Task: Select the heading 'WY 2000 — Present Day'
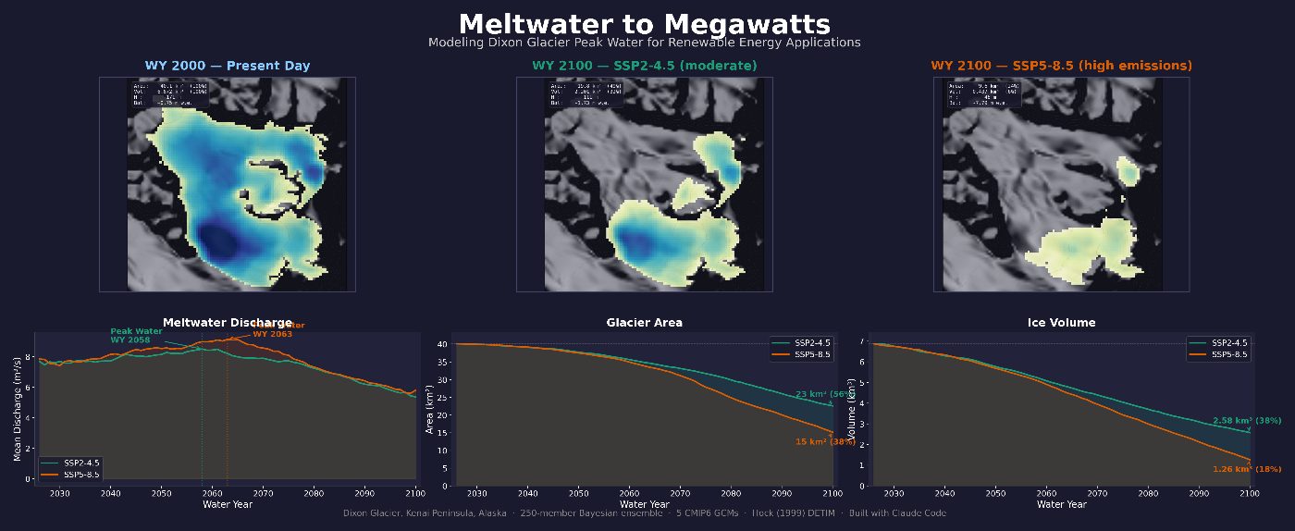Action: point(228,66)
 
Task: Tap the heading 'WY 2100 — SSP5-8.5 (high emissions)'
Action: point(1061,66)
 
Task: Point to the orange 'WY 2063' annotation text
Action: point(273,334)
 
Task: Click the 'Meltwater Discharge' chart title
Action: point(228,323)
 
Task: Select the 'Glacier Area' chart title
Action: point(644,323)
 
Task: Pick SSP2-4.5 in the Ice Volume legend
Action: point(1229,342)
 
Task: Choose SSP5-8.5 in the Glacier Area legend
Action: point(813,354)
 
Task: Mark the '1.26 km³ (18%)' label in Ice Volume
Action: point(1247,469)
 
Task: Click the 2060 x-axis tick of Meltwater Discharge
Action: point(212,494)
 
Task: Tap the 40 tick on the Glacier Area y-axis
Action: point(442,344)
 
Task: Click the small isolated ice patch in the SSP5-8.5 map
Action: point(1128,170)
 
